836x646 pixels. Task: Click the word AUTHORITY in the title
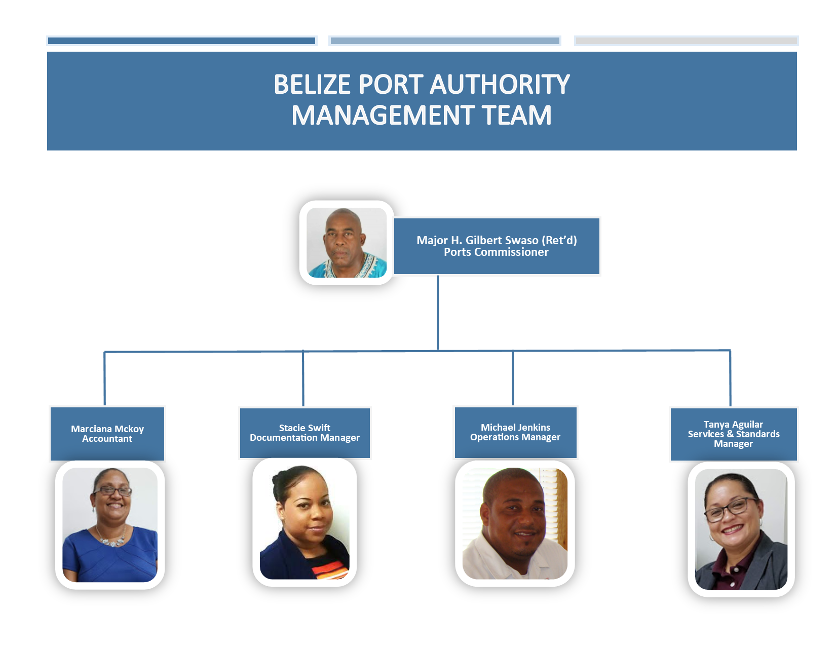(x=499, y=84)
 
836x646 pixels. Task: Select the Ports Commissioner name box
(x=497, y=246)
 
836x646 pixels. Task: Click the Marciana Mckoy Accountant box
(x=107, y=434)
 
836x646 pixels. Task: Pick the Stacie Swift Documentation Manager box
(x=305, y=433)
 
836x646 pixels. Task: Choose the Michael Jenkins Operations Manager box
(x=515, y=433)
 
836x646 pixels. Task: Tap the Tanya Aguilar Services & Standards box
(x=734, y=434)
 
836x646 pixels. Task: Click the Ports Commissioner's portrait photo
(x=346, y=242)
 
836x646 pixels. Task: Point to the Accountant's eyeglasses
(x=112, y=491)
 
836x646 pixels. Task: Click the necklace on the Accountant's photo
(x=111, y=539)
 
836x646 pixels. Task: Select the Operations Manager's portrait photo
(x=515, y=523)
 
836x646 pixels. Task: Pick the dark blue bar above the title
(x=181, y=41)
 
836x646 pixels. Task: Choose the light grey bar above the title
(x=687, y=41)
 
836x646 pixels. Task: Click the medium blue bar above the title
(x=445, y=41)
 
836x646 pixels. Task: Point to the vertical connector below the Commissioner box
(x=438, y=313)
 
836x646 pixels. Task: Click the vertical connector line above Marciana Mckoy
(x=105, y=378)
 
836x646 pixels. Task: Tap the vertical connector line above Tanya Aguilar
(x=730, y=378)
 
